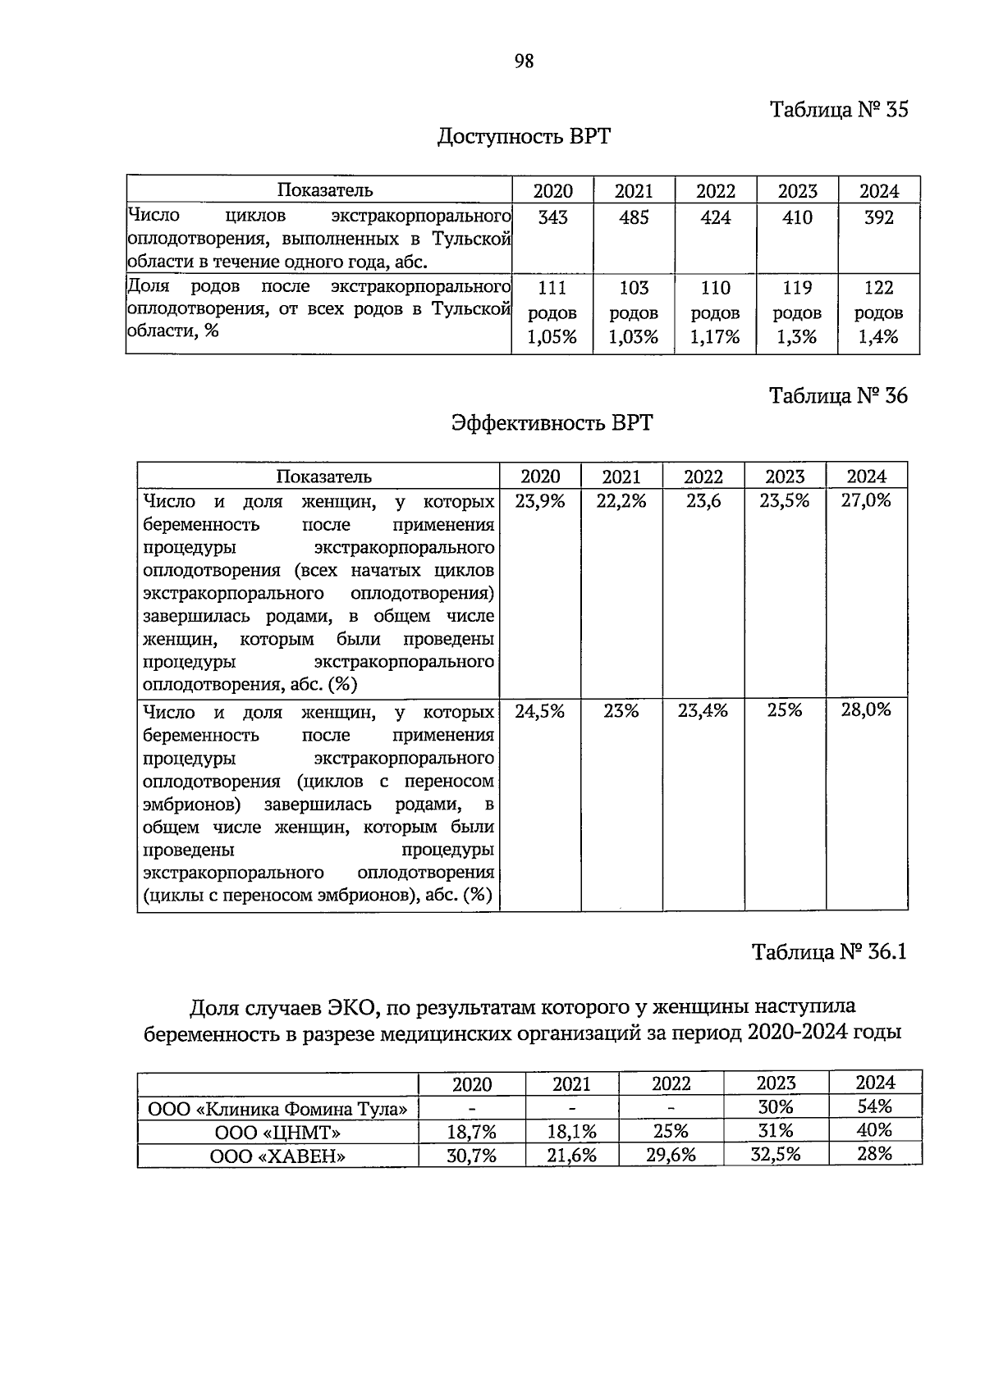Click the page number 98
pyautogui.click(x=524, y=61)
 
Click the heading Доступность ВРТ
pyautogui.click(x=524, y=135)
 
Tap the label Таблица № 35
pyautogui.click(x=838, y=110)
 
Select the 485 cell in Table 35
pyautogui.click(x=634, y=218)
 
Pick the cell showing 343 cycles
pyautogui.click(x=552, y=218)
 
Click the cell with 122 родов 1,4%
pyautogui.click(x=878, y=312)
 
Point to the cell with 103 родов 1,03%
pyautogui.click(x=634, y=312)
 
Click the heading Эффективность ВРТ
pyautogui.click(x=552, y=422)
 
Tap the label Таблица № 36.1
pyautogui.click(x=829, y=952)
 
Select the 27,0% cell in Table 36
pyautogui.click(x=866, y=501)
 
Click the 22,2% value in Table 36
pyautogui.click(x=621, y=501)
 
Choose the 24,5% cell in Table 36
pyautogui.click(x=540, y=711)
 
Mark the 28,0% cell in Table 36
pyautogui.click(x=866, y=710)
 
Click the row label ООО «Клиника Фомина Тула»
pyautogui.click(x=277, y=1110)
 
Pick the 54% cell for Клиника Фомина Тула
pyautogui.click(x=875, y=1106)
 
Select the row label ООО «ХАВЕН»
pyautogui.click(x=277, y=1156)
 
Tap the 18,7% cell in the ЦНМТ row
pyautogui.click(x=472, y=1133)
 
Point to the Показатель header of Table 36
pyautogui.click(x=323, y=477)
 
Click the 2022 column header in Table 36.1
pyautogui.click(x=671, y=1084)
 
